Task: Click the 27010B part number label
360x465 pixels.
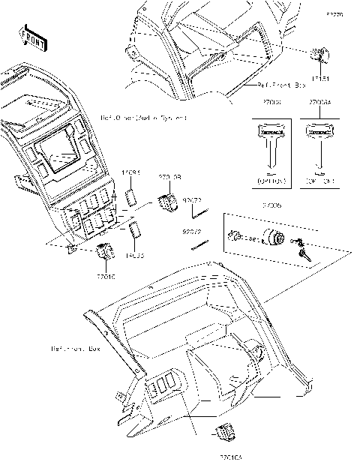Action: click(x=169, y=177)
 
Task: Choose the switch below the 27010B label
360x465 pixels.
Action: click(x=169, y=202)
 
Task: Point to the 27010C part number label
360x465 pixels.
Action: click(x=106, y=276)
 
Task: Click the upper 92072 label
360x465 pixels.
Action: click(x=193, y=199)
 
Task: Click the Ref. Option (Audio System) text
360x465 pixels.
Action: click(x=143, y=118)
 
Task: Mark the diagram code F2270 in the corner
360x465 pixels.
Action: click(x=334, y=14)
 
